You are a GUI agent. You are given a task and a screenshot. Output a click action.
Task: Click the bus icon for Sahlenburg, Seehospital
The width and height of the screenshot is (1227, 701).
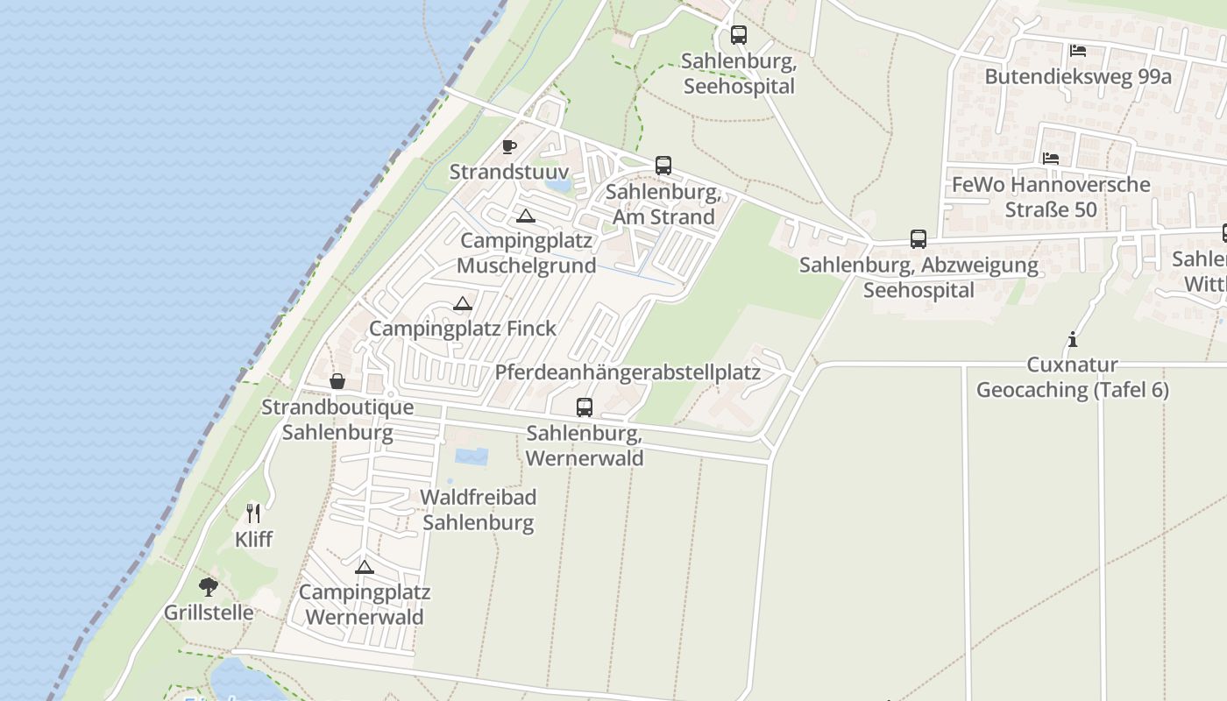tap(739, 35)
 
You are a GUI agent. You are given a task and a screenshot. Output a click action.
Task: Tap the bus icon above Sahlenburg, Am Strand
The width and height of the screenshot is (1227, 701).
tap(663, 165)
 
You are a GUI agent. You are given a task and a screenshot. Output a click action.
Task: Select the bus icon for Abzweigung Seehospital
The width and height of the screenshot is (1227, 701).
tap(918, 238)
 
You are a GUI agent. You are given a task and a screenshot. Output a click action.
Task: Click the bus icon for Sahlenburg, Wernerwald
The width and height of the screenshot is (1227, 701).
tap(585, 407)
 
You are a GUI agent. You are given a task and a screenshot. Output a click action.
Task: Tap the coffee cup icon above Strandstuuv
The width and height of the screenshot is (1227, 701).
tap(509, 146)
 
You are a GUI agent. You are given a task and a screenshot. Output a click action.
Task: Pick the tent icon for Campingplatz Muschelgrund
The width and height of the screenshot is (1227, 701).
tap(525, 216)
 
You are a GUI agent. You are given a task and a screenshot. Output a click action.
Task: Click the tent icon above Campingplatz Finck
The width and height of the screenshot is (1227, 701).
tap(463, 303)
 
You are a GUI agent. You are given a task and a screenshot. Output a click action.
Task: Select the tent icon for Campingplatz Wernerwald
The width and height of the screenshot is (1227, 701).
tap(365, 566)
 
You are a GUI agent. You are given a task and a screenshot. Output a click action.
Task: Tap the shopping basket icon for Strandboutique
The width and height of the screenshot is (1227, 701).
tap(337, 381)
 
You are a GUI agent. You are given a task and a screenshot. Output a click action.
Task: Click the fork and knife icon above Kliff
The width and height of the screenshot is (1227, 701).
tap(253, 513)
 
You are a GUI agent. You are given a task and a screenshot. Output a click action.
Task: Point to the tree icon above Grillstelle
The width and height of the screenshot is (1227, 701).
tap(208, 586)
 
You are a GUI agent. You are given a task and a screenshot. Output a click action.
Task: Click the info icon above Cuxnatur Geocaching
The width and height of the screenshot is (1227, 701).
tap(1072, 339)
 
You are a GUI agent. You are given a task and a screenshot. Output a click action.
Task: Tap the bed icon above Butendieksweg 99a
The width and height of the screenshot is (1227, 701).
tap(1078, 51)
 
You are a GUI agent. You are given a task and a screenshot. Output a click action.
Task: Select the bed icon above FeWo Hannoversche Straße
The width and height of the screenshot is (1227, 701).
tap(1050, 159)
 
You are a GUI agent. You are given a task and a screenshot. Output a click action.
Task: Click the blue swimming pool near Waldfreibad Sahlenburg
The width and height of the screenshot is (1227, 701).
tap(471, 457)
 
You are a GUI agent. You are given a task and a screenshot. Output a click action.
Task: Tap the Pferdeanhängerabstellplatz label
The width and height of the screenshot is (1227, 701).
tap(628, 372)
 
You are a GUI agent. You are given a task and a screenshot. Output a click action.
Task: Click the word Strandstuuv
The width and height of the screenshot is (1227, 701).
tap(509, 172)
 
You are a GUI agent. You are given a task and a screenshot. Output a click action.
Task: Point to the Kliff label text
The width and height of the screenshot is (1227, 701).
tap(253, 539)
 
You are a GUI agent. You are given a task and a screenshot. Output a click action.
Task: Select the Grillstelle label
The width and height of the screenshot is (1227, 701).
tap(209, 612)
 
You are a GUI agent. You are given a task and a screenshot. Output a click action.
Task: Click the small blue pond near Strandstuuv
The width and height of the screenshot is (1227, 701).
tap(557, 185)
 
